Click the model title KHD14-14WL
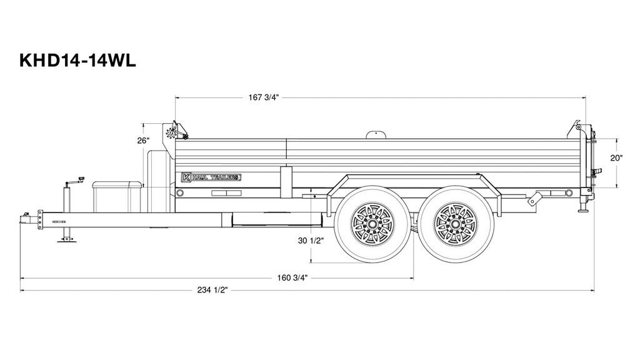coord(77,61)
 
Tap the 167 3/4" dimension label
coord(264,97)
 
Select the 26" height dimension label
coord(143,141)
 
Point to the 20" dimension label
coord(617,158)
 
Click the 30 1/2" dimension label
coord(311,241)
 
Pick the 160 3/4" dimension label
coord(292,278)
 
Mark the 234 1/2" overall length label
coord(212,290)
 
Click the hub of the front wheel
coord(372,224)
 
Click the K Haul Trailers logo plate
coord(211,177)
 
